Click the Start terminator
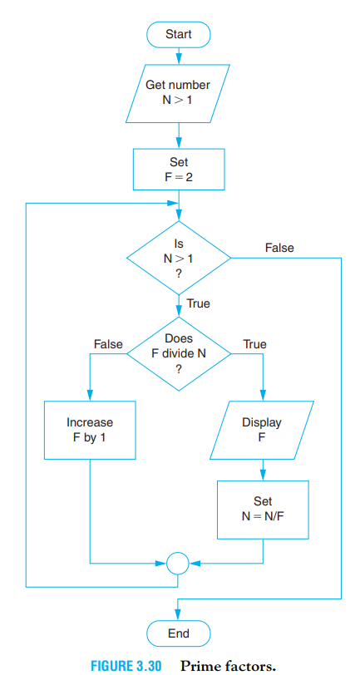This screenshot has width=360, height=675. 179,34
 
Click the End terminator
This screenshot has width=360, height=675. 179,633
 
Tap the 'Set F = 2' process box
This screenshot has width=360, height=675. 179,170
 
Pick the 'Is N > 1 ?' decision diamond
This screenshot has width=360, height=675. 179,258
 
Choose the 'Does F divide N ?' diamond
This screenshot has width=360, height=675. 179,352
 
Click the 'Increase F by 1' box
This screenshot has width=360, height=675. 90,431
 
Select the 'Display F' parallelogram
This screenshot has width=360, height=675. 262,431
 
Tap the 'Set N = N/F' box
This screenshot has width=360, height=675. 262,510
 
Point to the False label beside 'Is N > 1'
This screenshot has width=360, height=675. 279,248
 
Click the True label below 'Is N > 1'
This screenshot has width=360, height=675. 198,303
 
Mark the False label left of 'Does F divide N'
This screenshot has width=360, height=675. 108,343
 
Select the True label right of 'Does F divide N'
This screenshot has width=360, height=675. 254,343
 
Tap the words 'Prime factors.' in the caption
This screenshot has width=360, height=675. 222,666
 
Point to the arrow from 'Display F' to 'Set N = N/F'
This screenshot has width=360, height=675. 262,470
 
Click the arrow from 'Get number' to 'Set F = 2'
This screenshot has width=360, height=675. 179,133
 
